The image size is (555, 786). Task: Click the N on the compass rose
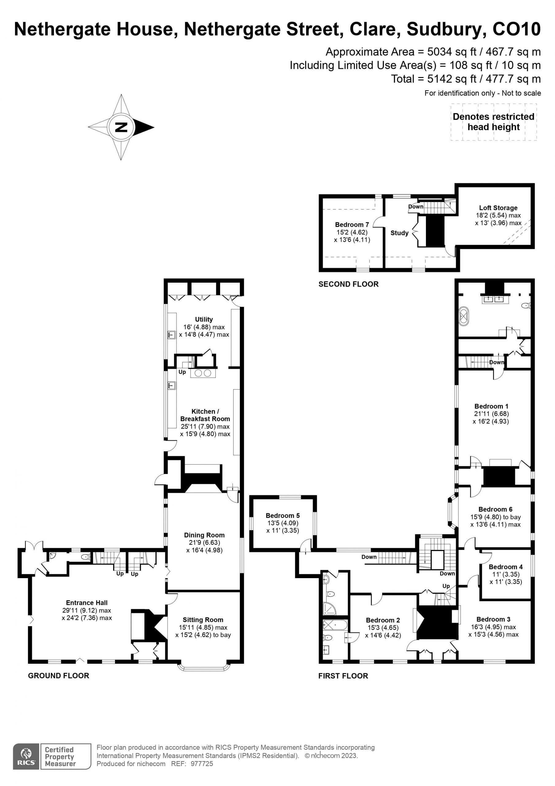[x=121, y=127]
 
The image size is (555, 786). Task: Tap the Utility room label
[x=204, y=319]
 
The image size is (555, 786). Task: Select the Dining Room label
[x=204, y=535]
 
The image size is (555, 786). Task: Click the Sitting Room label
[x=203, y=620]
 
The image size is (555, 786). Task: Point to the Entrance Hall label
[x=87, y=603]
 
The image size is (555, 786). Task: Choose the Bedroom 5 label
[x=283, y=516]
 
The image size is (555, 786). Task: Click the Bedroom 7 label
[x=352, y=224]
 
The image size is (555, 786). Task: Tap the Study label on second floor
[x=400, y=233]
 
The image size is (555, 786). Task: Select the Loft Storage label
[x=498, y=208]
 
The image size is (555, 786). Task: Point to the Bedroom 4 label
[x=506, y=567]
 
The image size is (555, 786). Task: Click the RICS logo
[x=26, y=757]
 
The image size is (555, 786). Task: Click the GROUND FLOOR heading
[x=59, y=675]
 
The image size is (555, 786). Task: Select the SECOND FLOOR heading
[x=348, y=284]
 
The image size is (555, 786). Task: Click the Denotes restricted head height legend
[x=493, y=122]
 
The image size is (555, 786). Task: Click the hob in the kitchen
[x=203, y=373]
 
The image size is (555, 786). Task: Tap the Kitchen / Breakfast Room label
[x=205, y=415]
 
